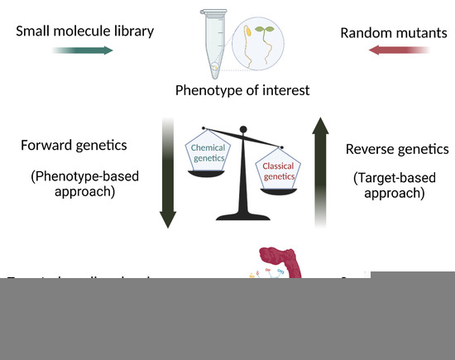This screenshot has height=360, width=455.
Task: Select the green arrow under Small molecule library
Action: [x=85, y=50]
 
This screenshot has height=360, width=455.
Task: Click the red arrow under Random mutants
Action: [x=400, y=50]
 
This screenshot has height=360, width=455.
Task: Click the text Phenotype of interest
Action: [x=236, y=89]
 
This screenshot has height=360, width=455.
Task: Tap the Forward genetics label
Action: [x=74, y=146]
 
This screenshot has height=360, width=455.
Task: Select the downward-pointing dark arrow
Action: [x=168, y=174]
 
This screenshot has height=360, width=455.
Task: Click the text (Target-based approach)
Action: [x=389, y=186]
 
